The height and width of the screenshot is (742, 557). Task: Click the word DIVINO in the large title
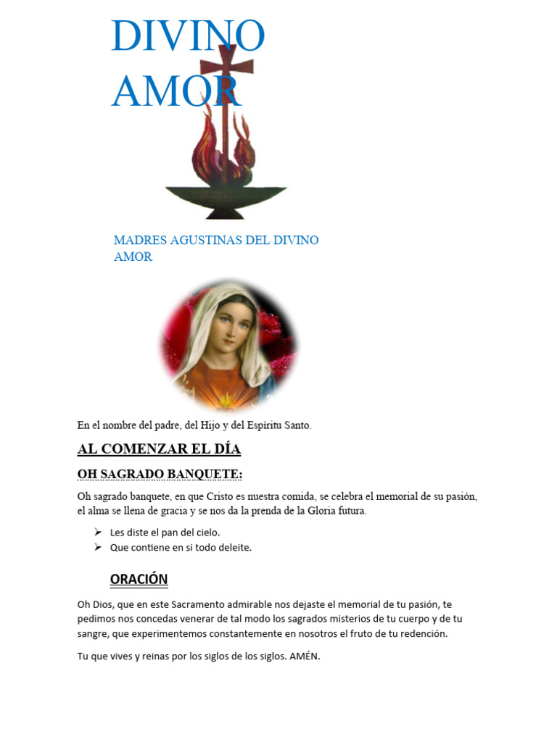click(188, 36)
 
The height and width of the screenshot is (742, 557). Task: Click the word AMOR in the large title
click(176, 91)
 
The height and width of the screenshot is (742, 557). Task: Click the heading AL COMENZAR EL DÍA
click(159, 449)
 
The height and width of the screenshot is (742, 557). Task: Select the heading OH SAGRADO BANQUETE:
click(160, 474)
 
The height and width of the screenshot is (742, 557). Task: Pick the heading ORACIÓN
click(139, 579)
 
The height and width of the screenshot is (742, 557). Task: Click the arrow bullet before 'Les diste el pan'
click(98, 532)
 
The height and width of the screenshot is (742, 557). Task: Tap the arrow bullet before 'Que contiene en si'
click(98, 547)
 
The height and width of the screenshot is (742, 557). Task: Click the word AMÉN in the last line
click(303, 656)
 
